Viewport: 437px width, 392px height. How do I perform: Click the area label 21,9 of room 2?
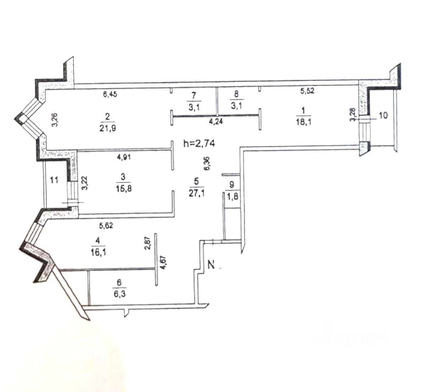(x=108, y=128)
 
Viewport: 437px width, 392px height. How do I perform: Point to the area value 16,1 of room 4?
(x=98, y=252)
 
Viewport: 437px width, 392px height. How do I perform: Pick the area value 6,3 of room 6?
(x=119, y=293)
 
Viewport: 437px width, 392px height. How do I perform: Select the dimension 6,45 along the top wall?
(x=110, y=94)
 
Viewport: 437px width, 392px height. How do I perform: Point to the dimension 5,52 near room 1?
(x=307, y=91)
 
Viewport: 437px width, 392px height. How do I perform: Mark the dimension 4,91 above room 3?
(x=124, y=158)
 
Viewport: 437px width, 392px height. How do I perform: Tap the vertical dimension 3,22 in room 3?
(x=84, y=183)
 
